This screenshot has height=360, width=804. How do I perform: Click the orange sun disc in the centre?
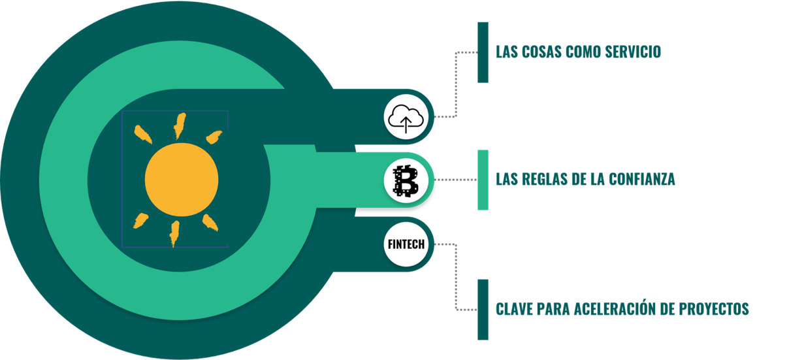pyautogui.click(x=181, y=179)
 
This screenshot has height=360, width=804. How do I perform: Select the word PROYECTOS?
pyautogui.click(x=715, y=309)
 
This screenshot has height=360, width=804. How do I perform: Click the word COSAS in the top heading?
pyautogui.click(x=540, y=52)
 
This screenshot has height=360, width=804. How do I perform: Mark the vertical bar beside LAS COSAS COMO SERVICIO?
pyautogui.click(x=483, y=52)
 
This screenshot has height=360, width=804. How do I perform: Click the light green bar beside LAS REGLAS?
pyautogui.click(x=483, y=180)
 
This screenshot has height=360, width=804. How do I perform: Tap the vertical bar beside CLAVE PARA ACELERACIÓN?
pyautogui.click(x=483, y=309)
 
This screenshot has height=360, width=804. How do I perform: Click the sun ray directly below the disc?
pyautogui.click(x=174, y=233)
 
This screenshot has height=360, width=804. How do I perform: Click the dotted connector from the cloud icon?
pyautogui.click(x=455, y=85)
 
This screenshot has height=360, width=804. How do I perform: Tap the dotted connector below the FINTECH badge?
pyautogui.click(x=455, y=278)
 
